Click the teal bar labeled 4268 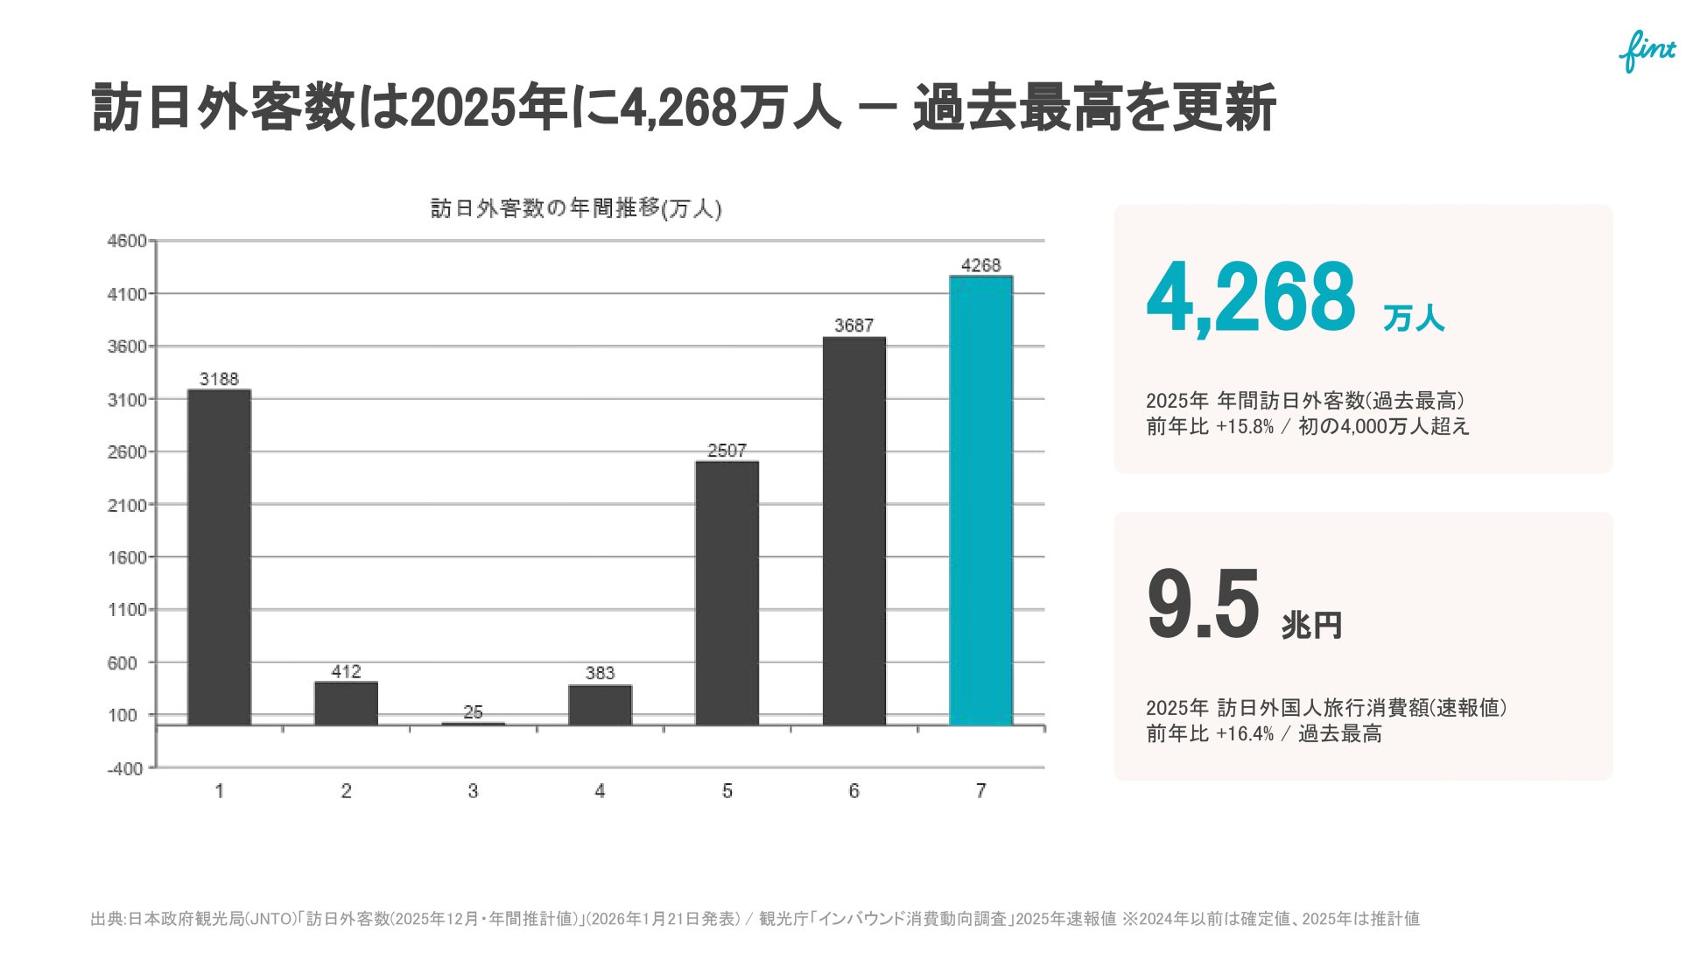(x=980, y=501)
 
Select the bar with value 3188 (x=219, y=557)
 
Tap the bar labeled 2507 (x=727, y=593)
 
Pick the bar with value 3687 (x=853, y=531)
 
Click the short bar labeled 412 (x=346, y=704)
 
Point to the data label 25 (x=473, y=712)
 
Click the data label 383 (x=600, y=673)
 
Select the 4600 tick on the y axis (x=127, y=241)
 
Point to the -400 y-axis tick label (x=125, y=768)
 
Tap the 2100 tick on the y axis (x=127, y=505)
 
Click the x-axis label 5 (x=727, y=791)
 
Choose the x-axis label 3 (x=473, y=791)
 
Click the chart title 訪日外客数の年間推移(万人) (x=576, y=208)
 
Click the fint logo (x=1647, y=52)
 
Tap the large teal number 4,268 (x=1251, y=298)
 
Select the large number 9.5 (x=1203, y=604)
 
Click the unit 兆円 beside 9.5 (x=1311, y=625)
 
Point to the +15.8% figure (x=1245, y=427)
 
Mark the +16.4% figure (x=1245, y=734)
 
